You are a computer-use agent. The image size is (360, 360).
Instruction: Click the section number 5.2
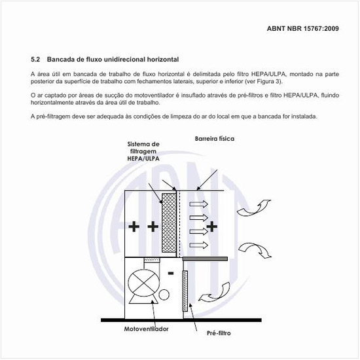(x=36, y=60)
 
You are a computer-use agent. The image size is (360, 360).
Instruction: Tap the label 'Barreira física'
(x=214, y=139)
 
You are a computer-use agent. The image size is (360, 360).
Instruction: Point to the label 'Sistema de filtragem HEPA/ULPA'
(x=143, y=151)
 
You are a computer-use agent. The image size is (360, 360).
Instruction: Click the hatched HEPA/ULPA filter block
(x=170, y=223)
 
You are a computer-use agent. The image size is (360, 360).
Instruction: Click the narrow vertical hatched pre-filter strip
(x=185, y=289)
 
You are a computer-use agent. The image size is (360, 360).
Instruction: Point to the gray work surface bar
(x=204, y=260)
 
